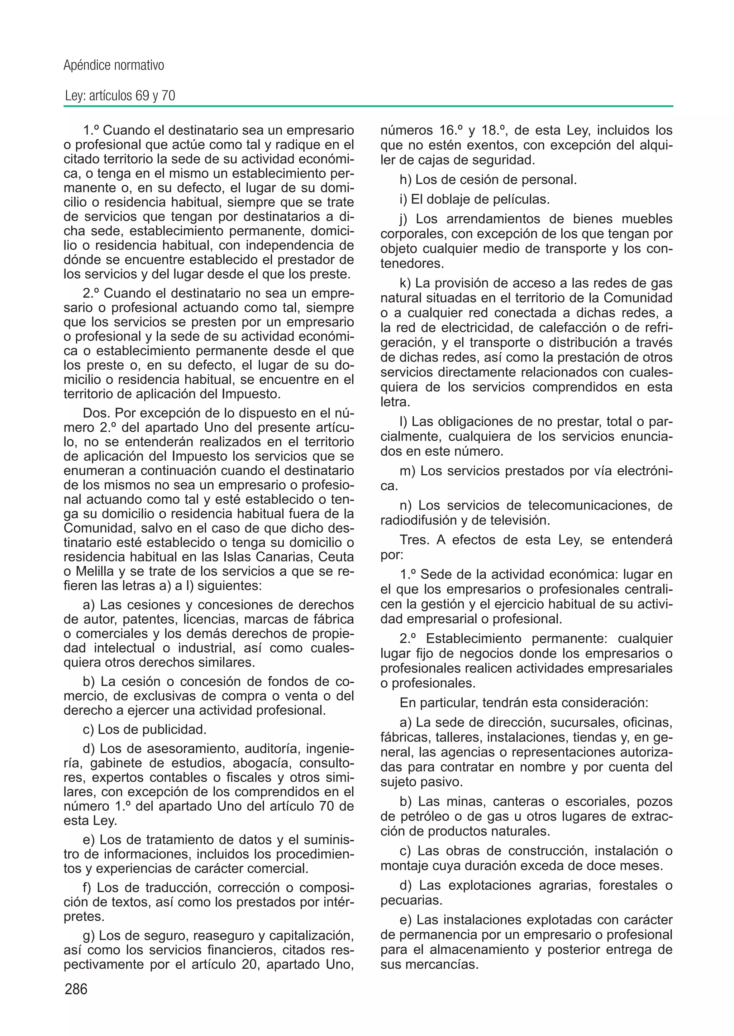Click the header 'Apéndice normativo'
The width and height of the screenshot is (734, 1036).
pos(114,66)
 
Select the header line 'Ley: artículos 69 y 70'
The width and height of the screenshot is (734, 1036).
pos(120,96)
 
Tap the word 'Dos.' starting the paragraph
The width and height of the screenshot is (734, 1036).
pos(96,413)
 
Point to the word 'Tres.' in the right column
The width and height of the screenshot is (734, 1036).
pos(414,540)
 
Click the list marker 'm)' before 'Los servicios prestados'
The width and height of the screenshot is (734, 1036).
pos(407,471)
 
